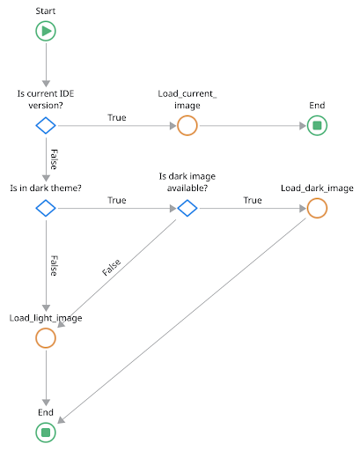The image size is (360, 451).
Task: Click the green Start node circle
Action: (x=46, y=32)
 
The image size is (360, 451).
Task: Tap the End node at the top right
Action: (x=317, y=125)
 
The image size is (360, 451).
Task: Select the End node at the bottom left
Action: (x=46, y=432)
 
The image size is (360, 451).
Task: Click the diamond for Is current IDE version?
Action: (x=46, y=125)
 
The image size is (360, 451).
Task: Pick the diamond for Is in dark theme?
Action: (x=46, y=209)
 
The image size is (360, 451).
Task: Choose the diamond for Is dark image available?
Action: (x=187, y=209)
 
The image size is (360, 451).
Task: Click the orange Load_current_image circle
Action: (x=187, y=125)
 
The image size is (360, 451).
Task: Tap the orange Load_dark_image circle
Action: (x=317, y=209)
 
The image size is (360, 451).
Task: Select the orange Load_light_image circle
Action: (x=46, y=338)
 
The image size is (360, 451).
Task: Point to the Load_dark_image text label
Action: (x=317, y=189)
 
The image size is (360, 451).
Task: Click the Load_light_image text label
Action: (x=46, y=318)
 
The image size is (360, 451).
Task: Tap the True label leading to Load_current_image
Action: (x=116, y=117)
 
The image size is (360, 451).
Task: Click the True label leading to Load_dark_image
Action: (x=253, y=201)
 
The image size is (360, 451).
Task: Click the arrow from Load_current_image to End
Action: (x=252, y=125)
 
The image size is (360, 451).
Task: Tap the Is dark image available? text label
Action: (x=187, y=182)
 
